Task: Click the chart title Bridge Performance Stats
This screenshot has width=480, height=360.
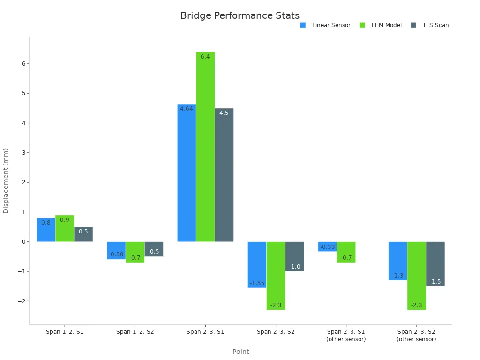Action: pos(240,15)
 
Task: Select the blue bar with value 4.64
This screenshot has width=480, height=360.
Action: pos(187,173)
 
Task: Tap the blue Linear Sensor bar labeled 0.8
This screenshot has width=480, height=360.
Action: pos(46,230)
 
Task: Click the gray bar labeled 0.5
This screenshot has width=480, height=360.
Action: pos(83,234)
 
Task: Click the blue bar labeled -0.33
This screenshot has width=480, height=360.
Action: pos(327,247)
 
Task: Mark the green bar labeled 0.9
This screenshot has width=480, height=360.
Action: pos(65,228)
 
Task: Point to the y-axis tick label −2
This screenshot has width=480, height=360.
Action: pos(21,301)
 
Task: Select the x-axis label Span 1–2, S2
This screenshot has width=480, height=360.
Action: pos(135,332)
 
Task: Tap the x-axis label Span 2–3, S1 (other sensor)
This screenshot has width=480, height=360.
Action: pos(346,335)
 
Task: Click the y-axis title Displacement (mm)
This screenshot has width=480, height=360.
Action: pos(6,180)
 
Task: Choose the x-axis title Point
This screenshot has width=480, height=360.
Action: pos(240,352)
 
